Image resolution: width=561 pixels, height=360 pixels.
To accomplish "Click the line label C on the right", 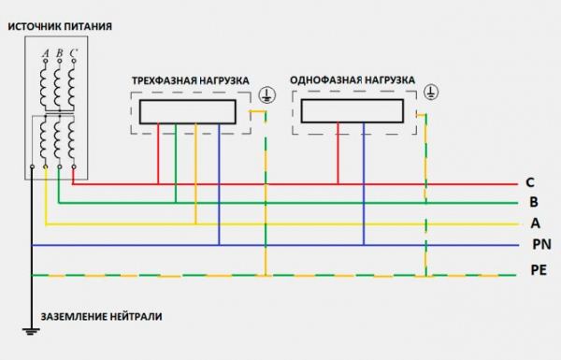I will click(530, 183).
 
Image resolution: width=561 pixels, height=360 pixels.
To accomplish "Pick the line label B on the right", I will click(531, 203).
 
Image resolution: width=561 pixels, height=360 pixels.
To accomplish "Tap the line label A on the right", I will click(535, 223).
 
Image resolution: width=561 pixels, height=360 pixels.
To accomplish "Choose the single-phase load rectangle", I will click(351, 111).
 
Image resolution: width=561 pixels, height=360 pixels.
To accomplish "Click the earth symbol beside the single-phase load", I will click(430, 92).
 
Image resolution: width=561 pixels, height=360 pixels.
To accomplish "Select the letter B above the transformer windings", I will click(58, 54).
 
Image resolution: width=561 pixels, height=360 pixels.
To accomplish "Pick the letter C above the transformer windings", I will click(72, 54).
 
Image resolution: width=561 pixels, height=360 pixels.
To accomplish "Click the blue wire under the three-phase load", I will click(218, 187).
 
